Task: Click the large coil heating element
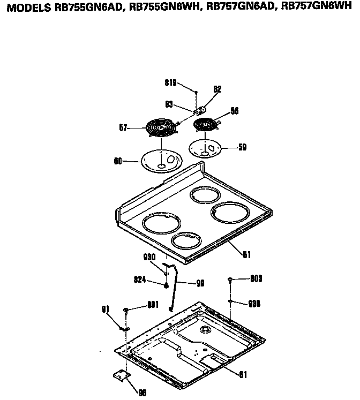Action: [161, 129]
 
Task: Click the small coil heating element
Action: [205, 125]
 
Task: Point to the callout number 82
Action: [217, 89]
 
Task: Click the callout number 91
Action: [105, 308]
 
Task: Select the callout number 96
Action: [142, 393]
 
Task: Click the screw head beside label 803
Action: [230, 279]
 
